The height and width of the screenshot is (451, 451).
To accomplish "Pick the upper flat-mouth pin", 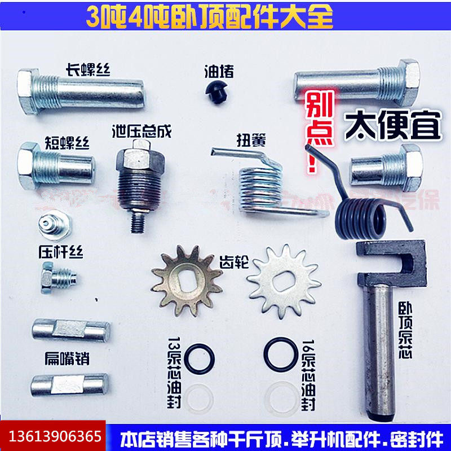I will click(x=70, y=330).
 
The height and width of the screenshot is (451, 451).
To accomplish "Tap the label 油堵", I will click(x=219, y=71).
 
